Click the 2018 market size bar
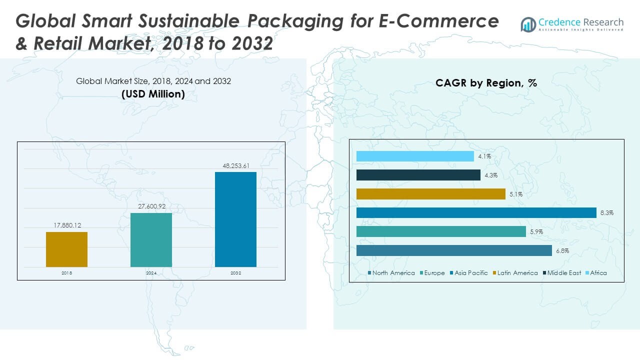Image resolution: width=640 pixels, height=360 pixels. pos(66,249)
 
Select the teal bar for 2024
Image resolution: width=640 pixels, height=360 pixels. pos(151,240)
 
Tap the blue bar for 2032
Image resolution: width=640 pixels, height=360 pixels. pos(235,219)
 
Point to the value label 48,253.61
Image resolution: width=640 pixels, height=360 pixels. pos(235,165)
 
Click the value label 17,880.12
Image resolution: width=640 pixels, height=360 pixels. pos(67,225)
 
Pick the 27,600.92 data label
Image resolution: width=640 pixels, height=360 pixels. pos(151,206)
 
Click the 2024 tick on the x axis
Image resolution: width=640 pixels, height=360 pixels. pos(151,273)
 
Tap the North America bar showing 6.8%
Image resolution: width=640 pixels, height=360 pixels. pos(454,250)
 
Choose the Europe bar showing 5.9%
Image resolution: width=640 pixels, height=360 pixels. pos(441,232)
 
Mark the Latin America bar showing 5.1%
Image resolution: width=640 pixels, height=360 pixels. pos(430,194)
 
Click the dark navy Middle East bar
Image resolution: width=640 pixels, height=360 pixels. pos(418,175)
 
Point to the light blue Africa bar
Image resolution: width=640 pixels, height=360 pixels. pos(415,156)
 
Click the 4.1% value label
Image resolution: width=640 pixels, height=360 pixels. pos(484,156)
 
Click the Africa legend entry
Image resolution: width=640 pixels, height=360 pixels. pos(598,273)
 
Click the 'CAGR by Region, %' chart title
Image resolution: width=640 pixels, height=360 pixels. pos(486,83)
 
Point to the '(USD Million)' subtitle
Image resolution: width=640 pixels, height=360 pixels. pos(153,94)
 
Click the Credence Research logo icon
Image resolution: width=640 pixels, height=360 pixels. pos(528,24)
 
